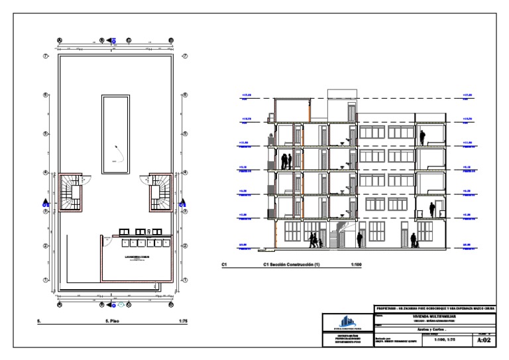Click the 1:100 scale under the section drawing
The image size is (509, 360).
[356, 266]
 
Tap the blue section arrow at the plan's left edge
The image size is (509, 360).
[45, 203]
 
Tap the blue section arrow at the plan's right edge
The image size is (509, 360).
[184, 203]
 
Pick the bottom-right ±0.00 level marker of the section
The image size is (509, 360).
[467, 246]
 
